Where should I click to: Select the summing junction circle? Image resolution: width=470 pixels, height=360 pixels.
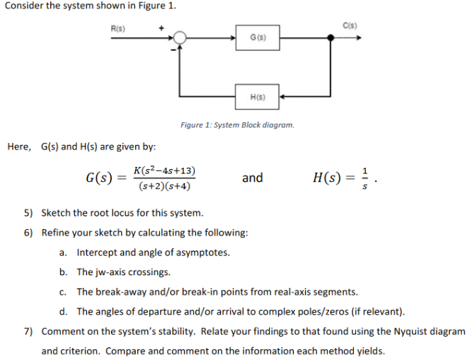[x=181, y=37]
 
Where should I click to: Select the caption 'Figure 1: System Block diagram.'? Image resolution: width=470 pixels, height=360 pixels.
[x=237, y=125]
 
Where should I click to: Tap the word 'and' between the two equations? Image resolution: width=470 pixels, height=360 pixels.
[x=252, y=178]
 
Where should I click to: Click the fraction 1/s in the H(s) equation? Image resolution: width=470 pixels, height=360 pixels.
[x=365, y=178]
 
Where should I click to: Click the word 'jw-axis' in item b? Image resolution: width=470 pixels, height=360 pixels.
[x=112, y=272]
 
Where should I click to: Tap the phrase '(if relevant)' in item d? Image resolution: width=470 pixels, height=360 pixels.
[x=379, y=311]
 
